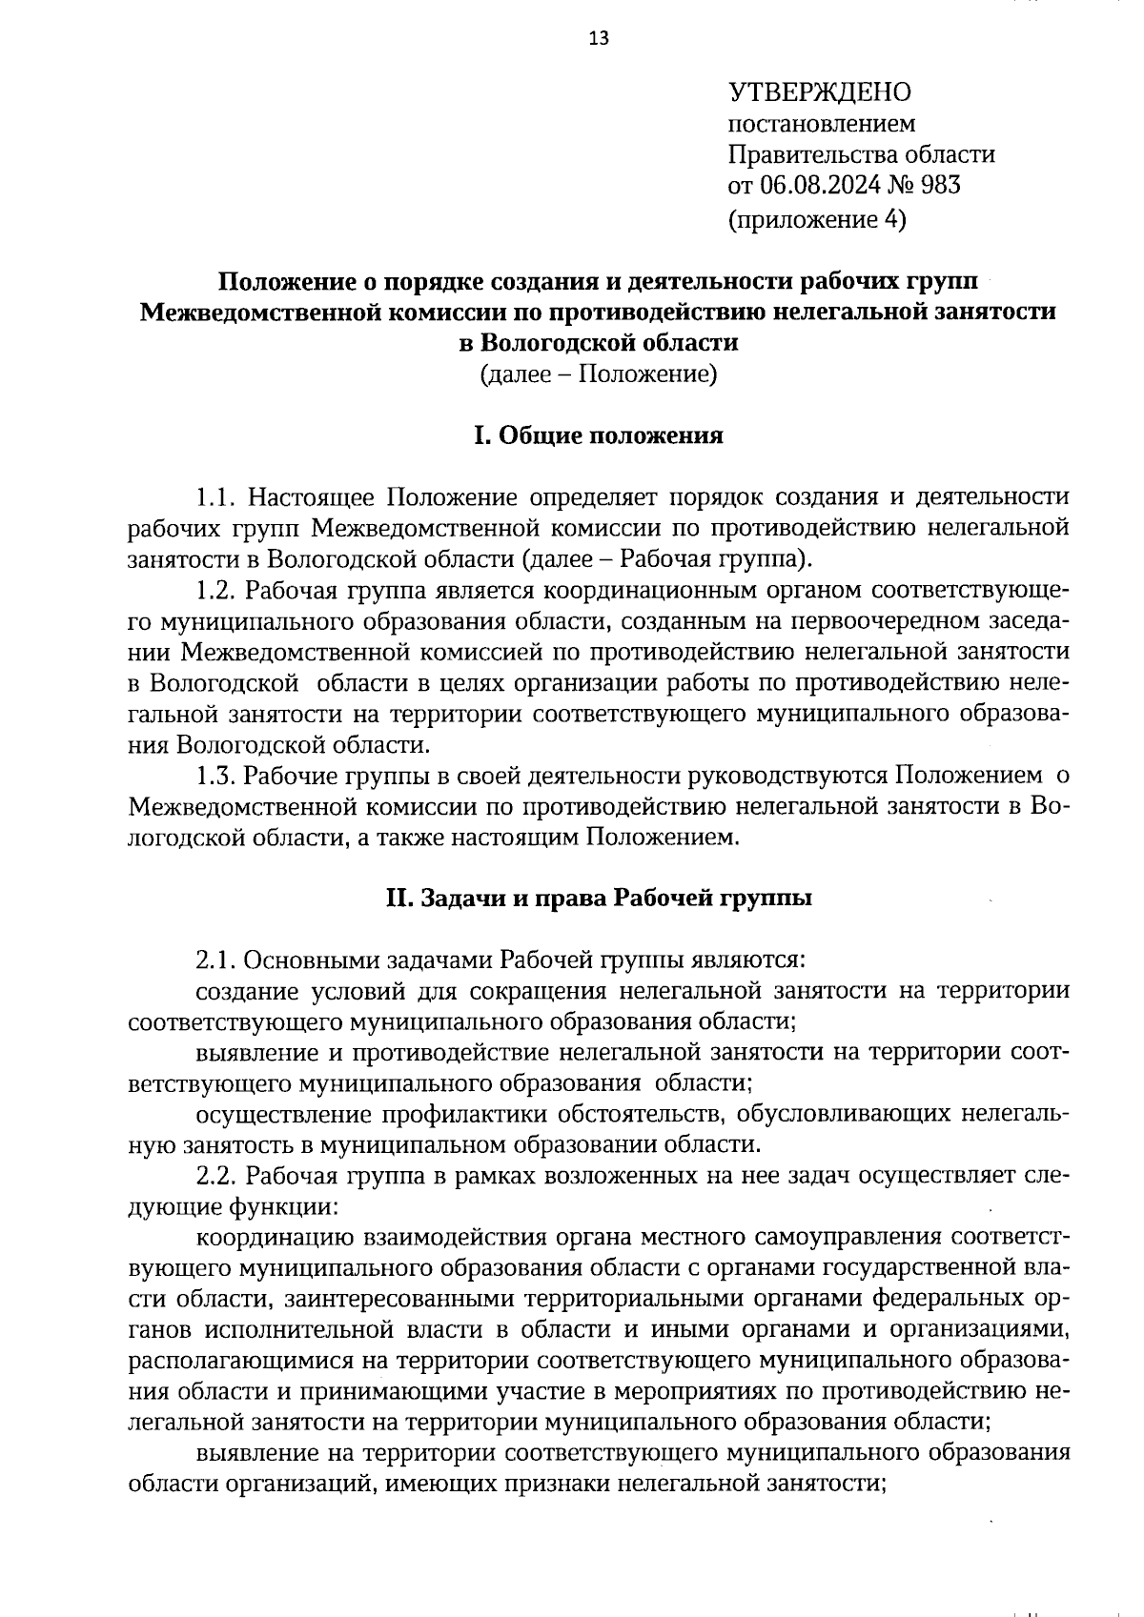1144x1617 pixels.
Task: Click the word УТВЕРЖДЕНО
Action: (x=820, y=92)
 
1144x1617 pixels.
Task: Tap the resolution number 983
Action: (x=941, y=185)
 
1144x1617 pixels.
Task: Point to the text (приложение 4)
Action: (x=817, y=220)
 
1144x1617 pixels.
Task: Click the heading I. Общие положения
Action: (x=599, y=435)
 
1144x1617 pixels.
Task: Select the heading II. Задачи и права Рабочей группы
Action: (x=598, y=898)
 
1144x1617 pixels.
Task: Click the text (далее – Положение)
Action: (x=598, y=374)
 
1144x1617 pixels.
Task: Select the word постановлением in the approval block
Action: (x=822, y=124)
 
